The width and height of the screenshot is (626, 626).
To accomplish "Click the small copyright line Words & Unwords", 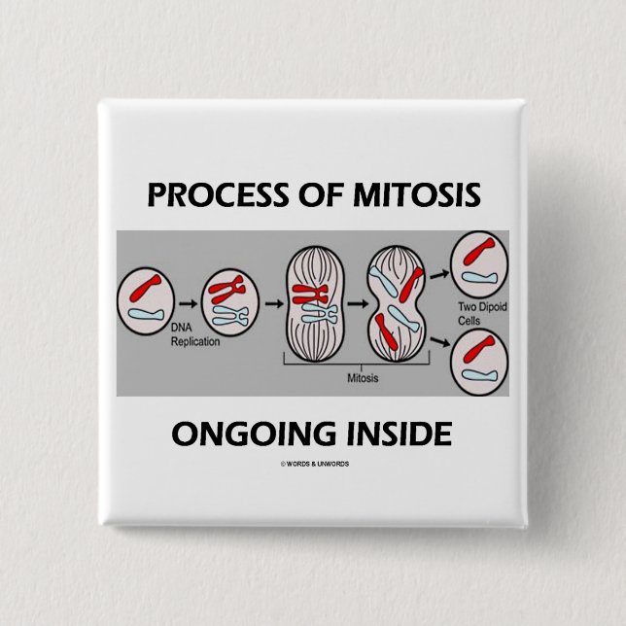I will pyautogui.click(x=314, y=464).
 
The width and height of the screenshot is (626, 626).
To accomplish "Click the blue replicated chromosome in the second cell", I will pyautogui.click(x=229, y=315).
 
